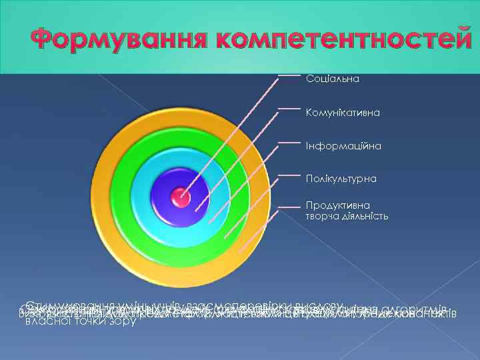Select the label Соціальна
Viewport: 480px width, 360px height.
[333, 79]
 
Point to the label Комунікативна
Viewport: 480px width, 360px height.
[343, 113]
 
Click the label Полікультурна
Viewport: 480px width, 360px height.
[341, 179]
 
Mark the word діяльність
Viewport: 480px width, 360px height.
[364, 216]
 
